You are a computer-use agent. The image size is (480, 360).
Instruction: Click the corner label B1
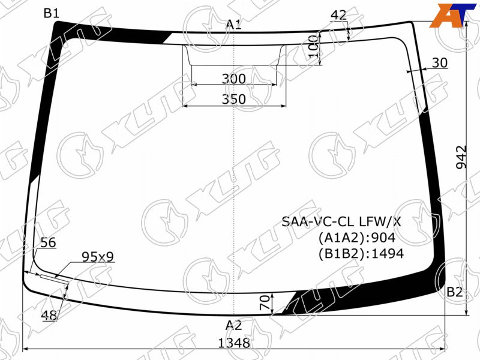51,13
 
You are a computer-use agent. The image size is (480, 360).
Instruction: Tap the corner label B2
454,292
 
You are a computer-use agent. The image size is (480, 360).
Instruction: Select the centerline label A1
233,25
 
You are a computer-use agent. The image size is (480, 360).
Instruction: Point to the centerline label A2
233,325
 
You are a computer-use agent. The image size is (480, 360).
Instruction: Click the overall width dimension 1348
234,343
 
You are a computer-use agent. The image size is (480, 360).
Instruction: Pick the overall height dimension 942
461,157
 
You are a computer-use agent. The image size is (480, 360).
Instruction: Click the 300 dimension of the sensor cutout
234,79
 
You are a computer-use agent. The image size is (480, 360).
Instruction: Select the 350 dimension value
234,99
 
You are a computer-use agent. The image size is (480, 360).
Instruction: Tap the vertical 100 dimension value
313,46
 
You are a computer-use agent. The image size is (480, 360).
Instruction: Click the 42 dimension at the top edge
338,15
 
